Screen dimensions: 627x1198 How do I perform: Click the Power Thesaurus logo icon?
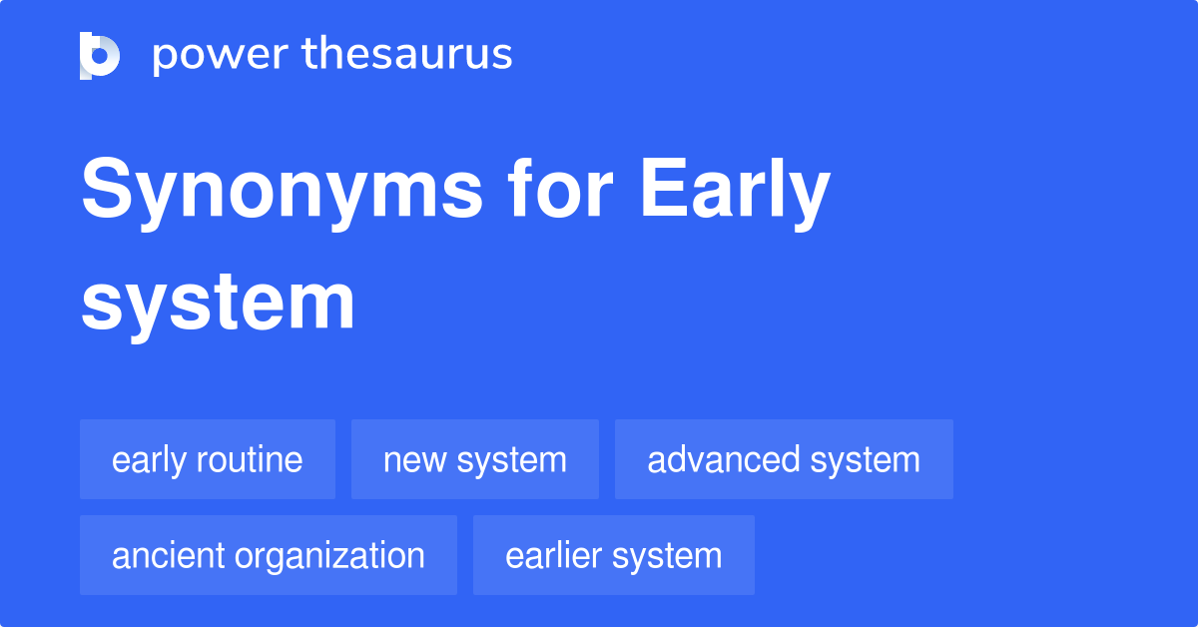[x=100, y=55]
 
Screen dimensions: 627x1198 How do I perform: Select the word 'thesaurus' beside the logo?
[x=408, y=55]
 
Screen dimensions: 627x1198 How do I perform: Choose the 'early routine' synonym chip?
[x=208, y=460]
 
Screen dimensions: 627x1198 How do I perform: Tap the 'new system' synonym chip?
[x=475, y=460]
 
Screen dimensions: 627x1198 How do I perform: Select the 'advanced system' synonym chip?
[x=784, y=460]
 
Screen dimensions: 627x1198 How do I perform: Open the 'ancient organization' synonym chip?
[x=269, y=556]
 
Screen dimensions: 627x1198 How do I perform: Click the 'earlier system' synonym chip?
[x=614, y=556]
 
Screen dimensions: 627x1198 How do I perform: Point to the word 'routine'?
[x=250, y=460]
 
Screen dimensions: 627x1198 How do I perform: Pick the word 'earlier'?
[x=555, y=556]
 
